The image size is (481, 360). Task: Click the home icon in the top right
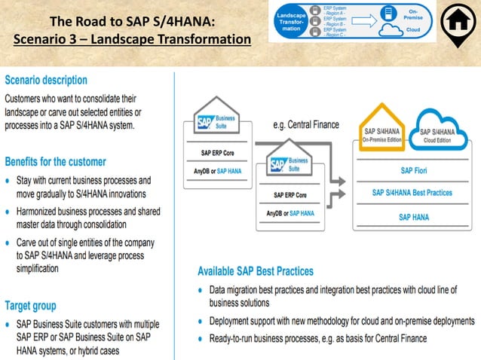[458, 25]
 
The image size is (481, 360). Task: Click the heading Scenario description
[46, 80]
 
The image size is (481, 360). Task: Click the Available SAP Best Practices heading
[256, 270]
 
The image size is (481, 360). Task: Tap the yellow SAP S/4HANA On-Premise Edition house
[384, 133]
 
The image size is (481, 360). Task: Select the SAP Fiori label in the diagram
[413, 170]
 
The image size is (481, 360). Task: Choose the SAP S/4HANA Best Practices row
[413, 193]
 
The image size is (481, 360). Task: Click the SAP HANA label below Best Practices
[413, 217]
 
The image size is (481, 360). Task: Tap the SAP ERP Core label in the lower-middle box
[290, 195]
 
